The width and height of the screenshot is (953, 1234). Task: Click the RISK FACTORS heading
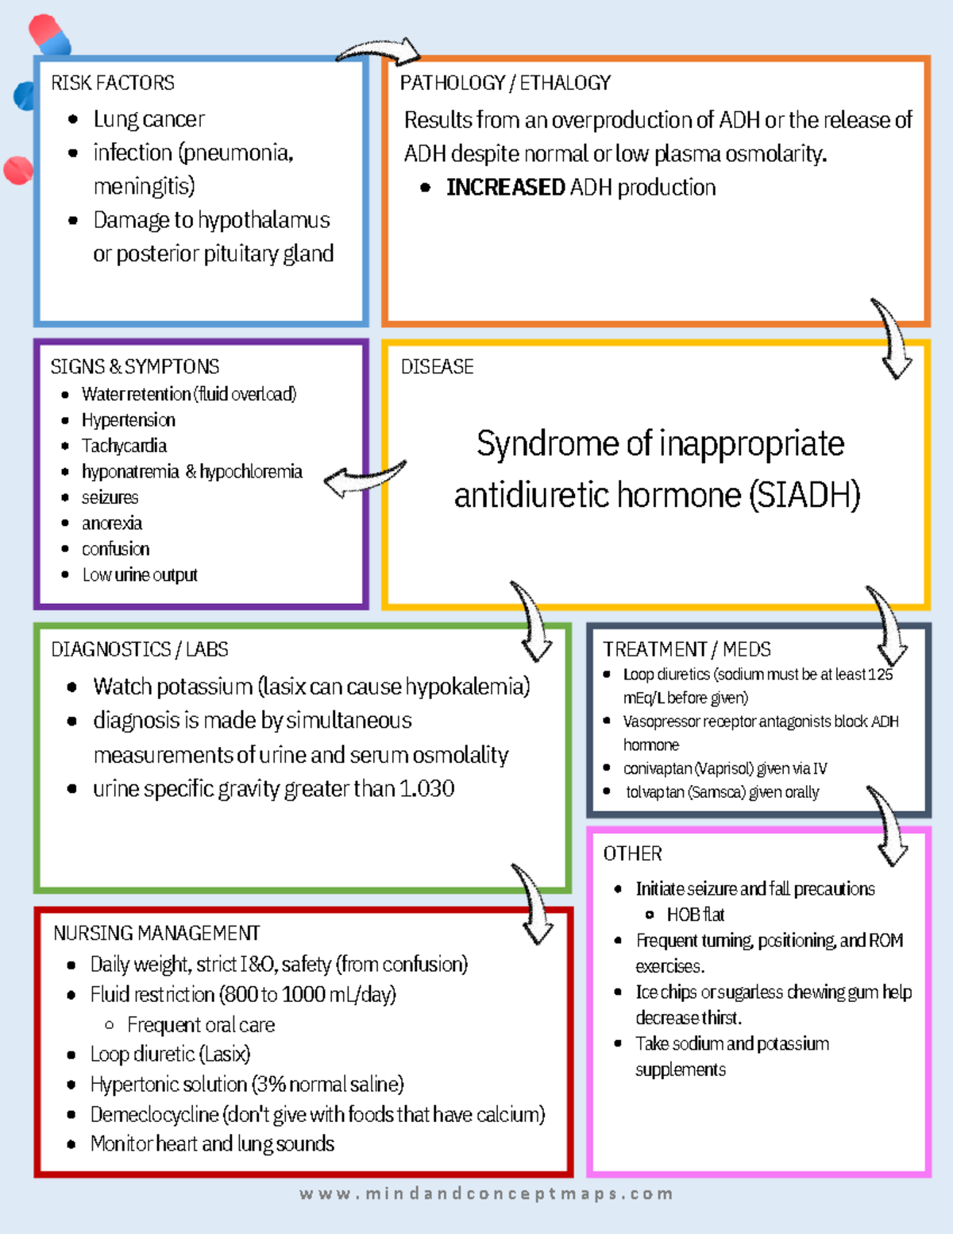pos(113,83)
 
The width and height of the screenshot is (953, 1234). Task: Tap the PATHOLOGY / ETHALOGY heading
pos(505,83)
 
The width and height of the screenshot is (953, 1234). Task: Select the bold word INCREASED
pos(505,188)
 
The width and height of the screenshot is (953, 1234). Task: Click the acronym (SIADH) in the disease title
pos(804,496)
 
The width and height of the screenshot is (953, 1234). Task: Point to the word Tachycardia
pos(124,446)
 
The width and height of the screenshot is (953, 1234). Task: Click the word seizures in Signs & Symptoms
pos(110,497)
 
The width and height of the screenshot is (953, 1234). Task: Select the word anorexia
pos(112,524)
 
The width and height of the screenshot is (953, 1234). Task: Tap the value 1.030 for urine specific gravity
pos(426,789)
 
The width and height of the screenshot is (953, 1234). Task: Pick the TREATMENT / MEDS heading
pos(687,649)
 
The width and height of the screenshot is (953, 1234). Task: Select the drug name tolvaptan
pos(655,792)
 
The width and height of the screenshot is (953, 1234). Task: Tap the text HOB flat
pos(696,915)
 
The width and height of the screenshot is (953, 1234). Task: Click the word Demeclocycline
pos(154,1115)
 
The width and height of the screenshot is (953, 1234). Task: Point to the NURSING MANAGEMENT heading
pos(156,933)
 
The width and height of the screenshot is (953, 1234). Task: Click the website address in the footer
pos(486,1193)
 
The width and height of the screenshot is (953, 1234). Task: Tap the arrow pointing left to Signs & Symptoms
pos(365,478)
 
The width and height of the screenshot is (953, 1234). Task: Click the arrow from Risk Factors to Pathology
pos(380,52)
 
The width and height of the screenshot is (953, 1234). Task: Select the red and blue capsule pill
pos(48,34)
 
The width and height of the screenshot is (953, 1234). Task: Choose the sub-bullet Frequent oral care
pos(201,1025)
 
